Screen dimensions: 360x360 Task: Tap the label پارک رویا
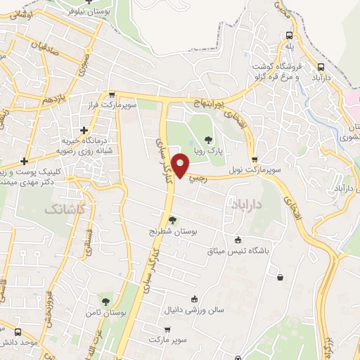point(208,151)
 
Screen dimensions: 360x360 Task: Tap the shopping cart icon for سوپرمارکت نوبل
point(255,160)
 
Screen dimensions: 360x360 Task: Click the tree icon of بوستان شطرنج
point(173,220)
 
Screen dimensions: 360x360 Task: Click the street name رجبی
point(198,178)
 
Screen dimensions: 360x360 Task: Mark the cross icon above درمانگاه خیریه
point(84,130)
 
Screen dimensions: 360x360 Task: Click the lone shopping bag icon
point(281,277)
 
